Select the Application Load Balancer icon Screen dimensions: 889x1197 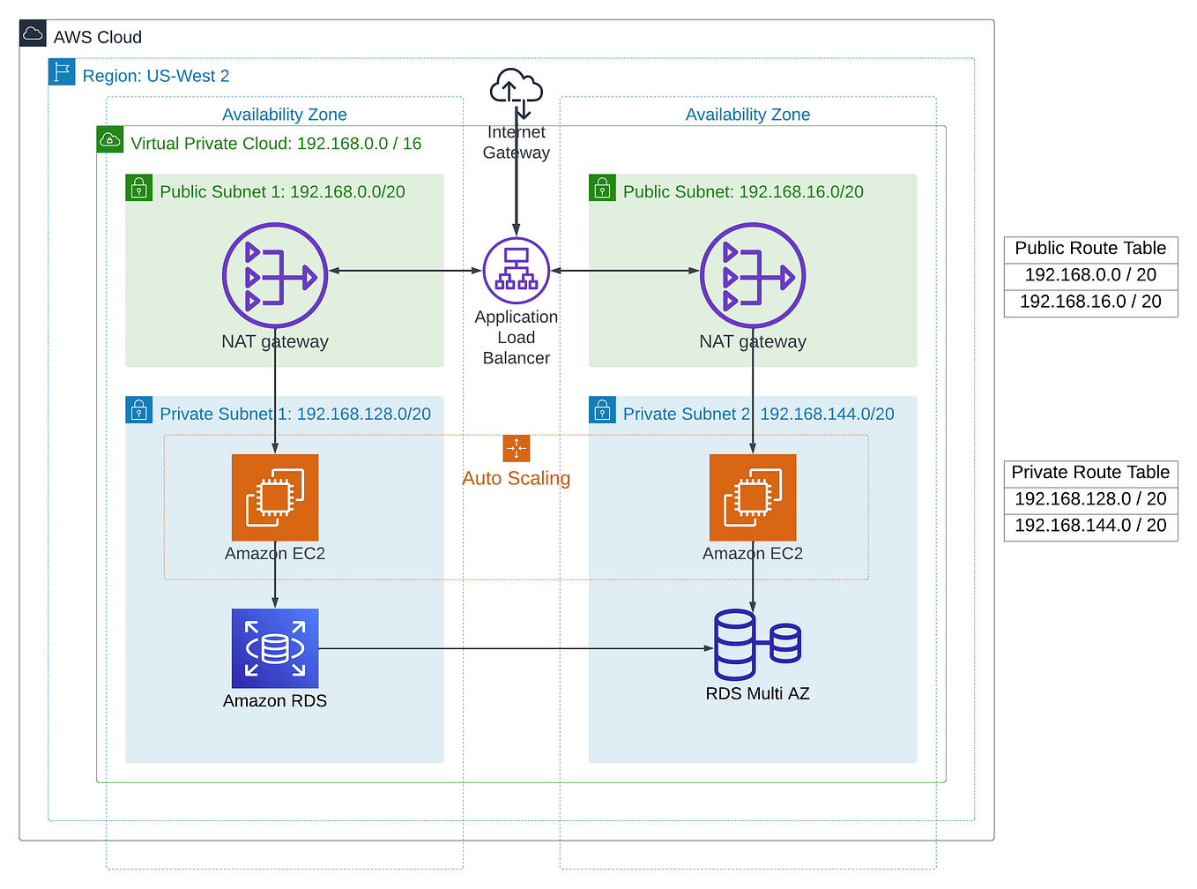[517, 271]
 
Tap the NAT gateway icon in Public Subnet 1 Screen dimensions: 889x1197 [275, 276]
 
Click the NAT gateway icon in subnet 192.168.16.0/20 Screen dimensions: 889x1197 [753, 276]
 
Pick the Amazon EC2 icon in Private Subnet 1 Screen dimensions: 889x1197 [275, 497]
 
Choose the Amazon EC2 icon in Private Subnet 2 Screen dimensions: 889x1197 [753, 497]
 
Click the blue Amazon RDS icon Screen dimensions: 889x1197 [275, 648]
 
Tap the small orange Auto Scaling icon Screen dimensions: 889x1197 [517, 448]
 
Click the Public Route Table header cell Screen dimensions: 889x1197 [1090, 249]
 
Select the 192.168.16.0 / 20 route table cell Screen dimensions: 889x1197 [1090, 302]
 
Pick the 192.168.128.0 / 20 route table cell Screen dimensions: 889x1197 [1090, 499]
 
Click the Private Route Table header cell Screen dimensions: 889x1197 [1090, 473]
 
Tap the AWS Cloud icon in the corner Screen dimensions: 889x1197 [33, 34]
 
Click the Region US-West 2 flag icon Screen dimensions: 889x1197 [62, 71]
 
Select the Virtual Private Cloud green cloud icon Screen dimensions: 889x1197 [110, 139]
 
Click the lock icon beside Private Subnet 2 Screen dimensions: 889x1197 [602, 410]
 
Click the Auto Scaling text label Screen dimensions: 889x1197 [517, 478]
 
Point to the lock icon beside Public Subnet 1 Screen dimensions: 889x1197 [139, 188]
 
